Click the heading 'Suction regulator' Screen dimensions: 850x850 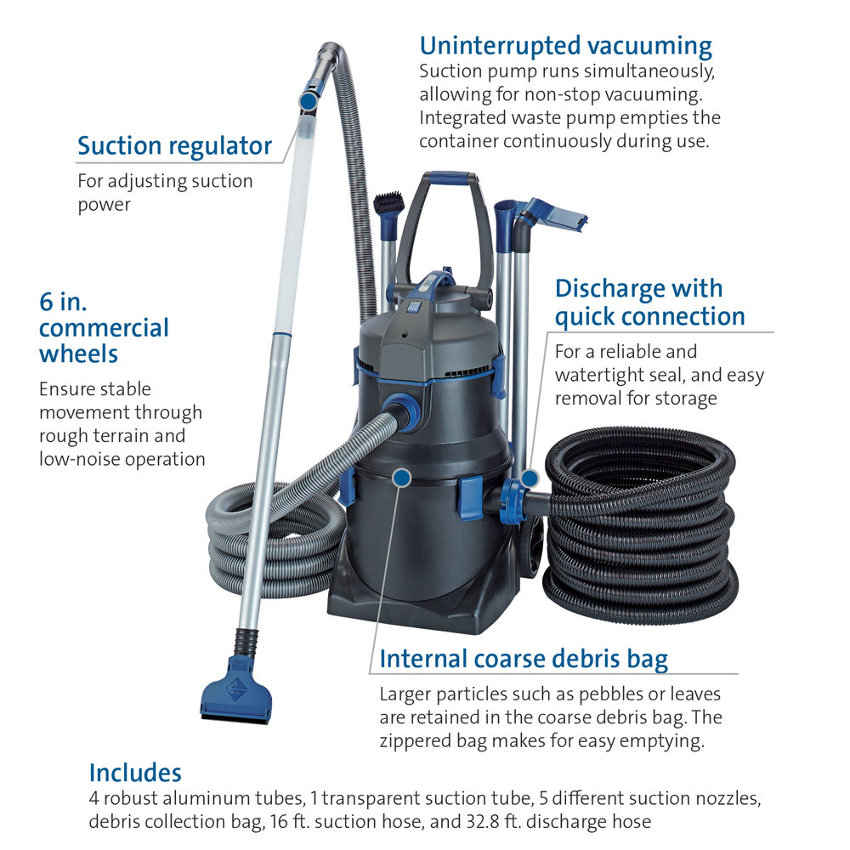coord(174,146)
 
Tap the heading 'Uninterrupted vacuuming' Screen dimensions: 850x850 coord(565,47)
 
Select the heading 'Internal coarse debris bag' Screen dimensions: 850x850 coord(524,660)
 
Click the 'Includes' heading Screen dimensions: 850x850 coord(135,773)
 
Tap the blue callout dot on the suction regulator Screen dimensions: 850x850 coord(309,101)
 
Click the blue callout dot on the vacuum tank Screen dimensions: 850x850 coord(401,478)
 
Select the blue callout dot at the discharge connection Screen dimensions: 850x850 coord(529,479)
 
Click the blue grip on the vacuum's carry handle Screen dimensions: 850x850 coord(449,178)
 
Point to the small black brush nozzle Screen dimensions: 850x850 coord(388,203)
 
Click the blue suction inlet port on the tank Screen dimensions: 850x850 coord(402,411)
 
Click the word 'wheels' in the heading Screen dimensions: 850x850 coord(78,354)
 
